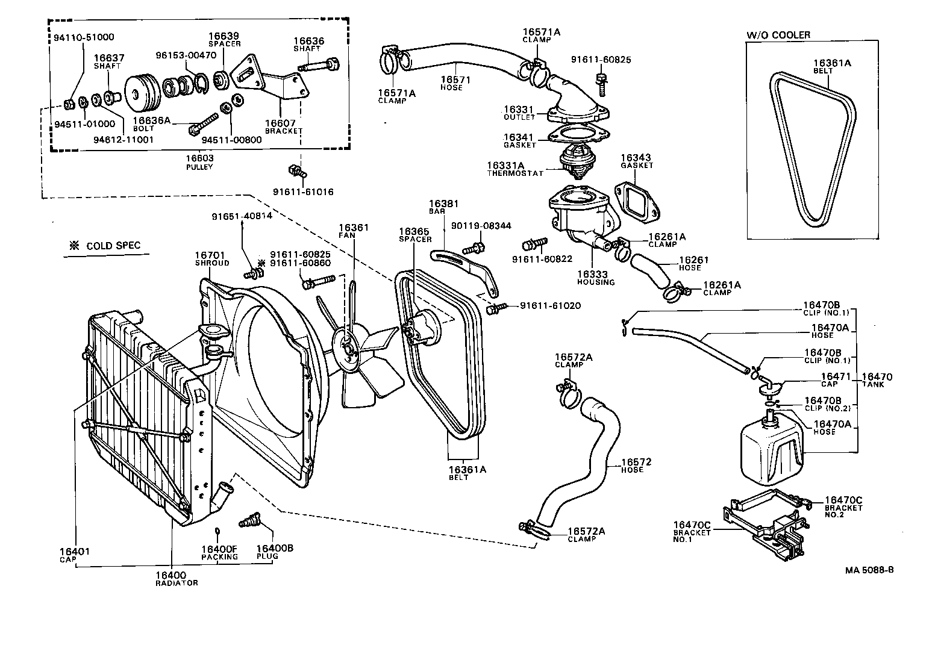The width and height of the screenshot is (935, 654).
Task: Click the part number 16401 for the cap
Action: tap(74, 551)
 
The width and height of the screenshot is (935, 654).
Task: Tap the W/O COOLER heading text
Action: tap(778, 35)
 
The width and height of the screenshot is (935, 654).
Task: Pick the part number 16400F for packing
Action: tap(219, 549)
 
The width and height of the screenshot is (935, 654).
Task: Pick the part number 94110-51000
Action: tap(80, 37)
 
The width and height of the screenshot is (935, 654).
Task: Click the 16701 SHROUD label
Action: tap(211, 259)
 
